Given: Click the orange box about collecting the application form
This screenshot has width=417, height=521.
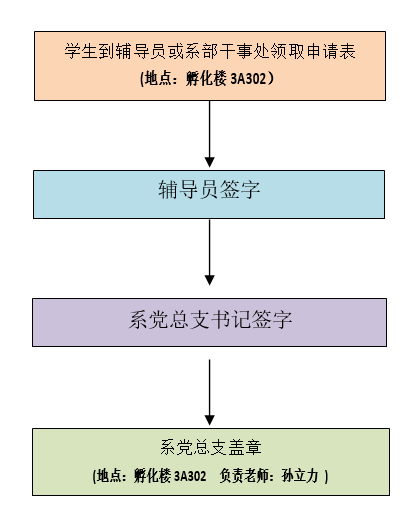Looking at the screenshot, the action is (x=210, y=66).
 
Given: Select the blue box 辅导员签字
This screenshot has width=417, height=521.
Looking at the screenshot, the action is (x=209, y=195).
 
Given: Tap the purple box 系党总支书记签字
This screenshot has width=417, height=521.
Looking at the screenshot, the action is (x=209, y=322).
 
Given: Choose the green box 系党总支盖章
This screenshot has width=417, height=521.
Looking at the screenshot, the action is (x=211, y=462).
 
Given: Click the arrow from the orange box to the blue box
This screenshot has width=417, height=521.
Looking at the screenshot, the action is (x=209, y=134).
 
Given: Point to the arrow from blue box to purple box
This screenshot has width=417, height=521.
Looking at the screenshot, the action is (x=209, y=252).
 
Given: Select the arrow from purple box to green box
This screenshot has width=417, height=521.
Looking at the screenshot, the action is (x=209, y=392).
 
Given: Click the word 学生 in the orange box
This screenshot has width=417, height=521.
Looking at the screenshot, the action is (x=81, y=51).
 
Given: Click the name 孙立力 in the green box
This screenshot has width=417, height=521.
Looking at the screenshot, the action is (x=300, y=476).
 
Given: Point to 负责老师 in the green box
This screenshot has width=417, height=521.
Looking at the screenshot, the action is (x=244, y=476).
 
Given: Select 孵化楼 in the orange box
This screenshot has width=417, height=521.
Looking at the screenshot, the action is (x=206, y=79).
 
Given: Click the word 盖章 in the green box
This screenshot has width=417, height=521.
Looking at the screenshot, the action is (x=245, y=447).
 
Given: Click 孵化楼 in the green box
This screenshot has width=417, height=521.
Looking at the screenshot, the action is (x=152, y=476).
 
